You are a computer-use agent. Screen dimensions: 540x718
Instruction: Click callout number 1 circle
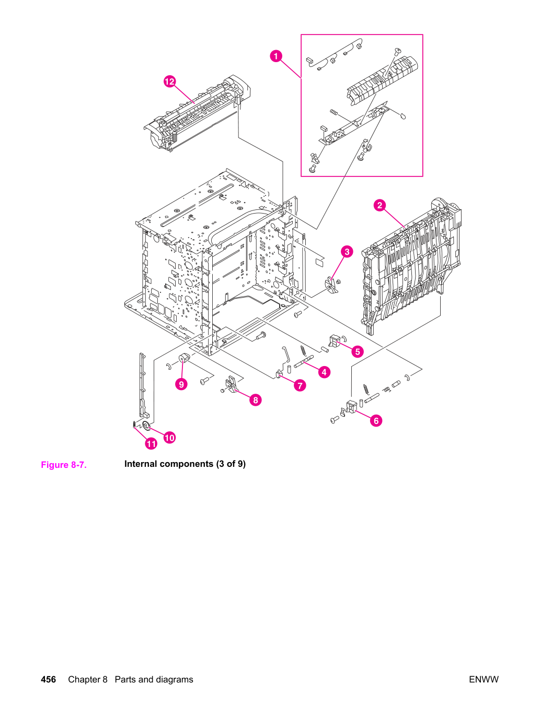tap(275, 56)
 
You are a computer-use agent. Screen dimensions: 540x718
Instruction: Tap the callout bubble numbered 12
tap(169, 81)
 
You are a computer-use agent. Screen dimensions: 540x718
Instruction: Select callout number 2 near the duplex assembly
tap(380, 205)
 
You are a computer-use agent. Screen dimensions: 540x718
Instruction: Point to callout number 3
tap(347, 252)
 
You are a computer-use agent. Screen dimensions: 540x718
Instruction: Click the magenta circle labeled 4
tap(324, 372)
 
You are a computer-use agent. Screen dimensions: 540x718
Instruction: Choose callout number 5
tap(358, 351)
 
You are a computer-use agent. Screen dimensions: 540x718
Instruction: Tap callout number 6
tap(376, 421)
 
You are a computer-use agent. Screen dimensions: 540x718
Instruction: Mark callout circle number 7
tap(300, 386)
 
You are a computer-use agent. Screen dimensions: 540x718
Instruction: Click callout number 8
tap(256, 400)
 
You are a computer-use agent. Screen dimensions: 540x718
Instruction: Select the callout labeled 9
tap(181, 384)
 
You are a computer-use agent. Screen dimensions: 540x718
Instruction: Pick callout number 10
tap(169, 438)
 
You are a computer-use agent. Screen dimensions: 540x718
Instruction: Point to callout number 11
tap(151, 444)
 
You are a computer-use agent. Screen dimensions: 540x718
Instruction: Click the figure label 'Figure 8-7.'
tap(64, 465)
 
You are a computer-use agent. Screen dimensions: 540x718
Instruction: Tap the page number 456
tap(49, 679)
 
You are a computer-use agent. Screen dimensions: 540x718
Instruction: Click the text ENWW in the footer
tap(484, 679)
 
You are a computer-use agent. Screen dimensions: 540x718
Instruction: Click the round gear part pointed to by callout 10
tap(146, 426)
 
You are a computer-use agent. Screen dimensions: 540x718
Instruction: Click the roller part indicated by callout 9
tap(185, 359)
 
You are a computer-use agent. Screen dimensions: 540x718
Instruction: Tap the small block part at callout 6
tap(351, 406)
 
